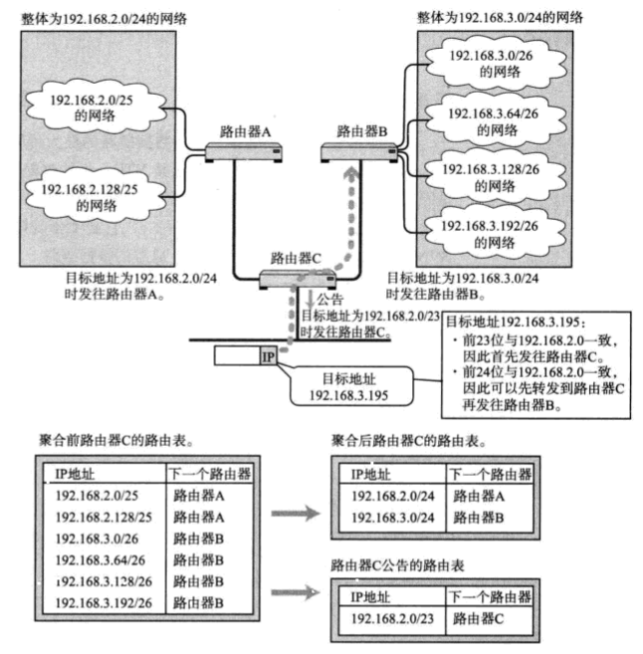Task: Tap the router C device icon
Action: point(296,280)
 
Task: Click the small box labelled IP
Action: point(268,354)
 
